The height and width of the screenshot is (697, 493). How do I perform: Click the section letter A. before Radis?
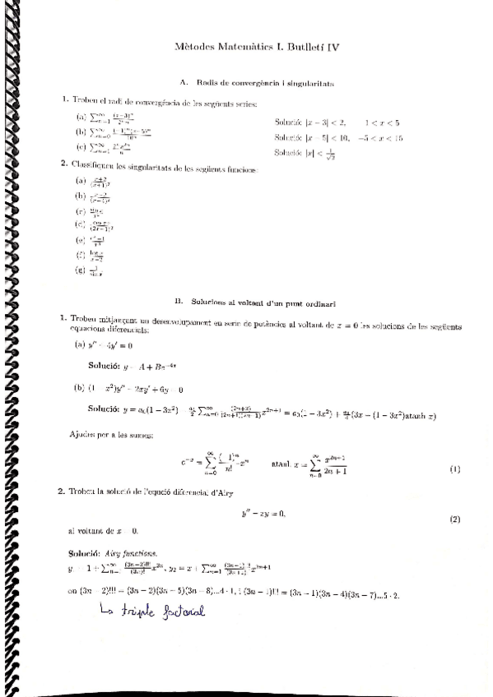[183, 82]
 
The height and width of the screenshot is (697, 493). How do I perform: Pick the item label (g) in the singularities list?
[80, 269]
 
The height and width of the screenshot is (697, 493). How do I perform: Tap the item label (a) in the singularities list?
[80, 180]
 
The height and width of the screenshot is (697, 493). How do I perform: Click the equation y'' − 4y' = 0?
[109, 345]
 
